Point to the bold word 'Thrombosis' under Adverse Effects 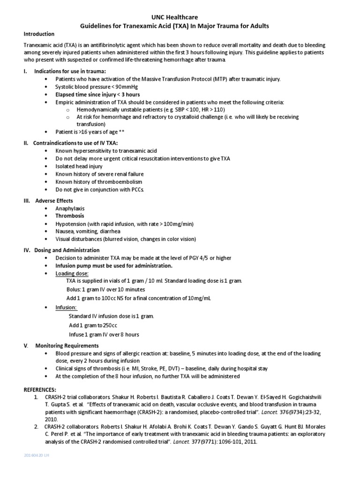[70, 216]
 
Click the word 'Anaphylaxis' [70, 208]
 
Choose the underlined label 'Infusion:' [66, 307]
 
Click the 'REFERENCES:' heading [39, 390]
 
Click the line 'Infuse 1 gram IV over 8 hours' [104, 335]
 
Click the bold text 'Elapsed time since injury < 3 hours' [97, 95]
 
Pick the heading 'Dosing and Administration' [67, 250]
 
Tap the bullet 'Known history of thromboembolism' [98, 181]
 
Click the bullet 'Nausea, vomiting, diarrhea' [88, 231]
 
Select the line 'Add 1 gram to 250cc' [92, 325]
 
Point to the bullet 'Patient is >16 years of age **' [90, 132]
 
